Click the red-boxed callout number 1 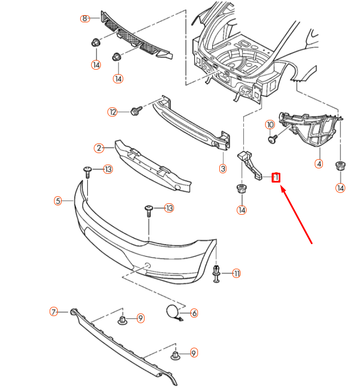tap(276, 177)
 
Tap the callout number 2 tap(99, 148)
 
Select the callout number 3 tap(223, 169)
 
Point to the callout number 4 tap(319, 163)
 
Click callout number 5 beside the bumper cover tap(58, 201)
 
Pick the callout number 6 tap(194, 313)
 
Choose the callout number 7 tap(53, 312)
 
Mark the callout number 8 tap(85, 19)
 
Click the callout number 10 tap(269, 124)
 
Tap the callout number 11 tap(236, 274)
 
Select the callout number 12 tap(112, 112)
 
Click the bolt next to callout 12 tap(135, 111)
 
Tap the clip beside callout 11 tap(217, 272)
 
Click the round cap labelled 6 tap(172, 312)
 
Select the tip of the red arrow tap(281, 187)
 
